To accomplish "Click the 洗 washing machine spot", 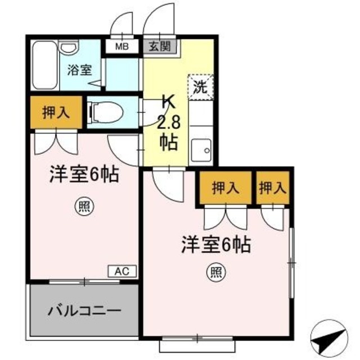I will [x=200, y=87].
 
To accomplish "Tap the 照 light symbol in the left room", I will [x=82, y=206].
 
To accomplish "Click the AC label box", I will [x=121, y=272].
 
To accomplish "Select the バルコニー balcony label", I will [x=84, y=310].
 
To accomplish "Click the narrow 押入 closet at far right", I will [x=273, y=188].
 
